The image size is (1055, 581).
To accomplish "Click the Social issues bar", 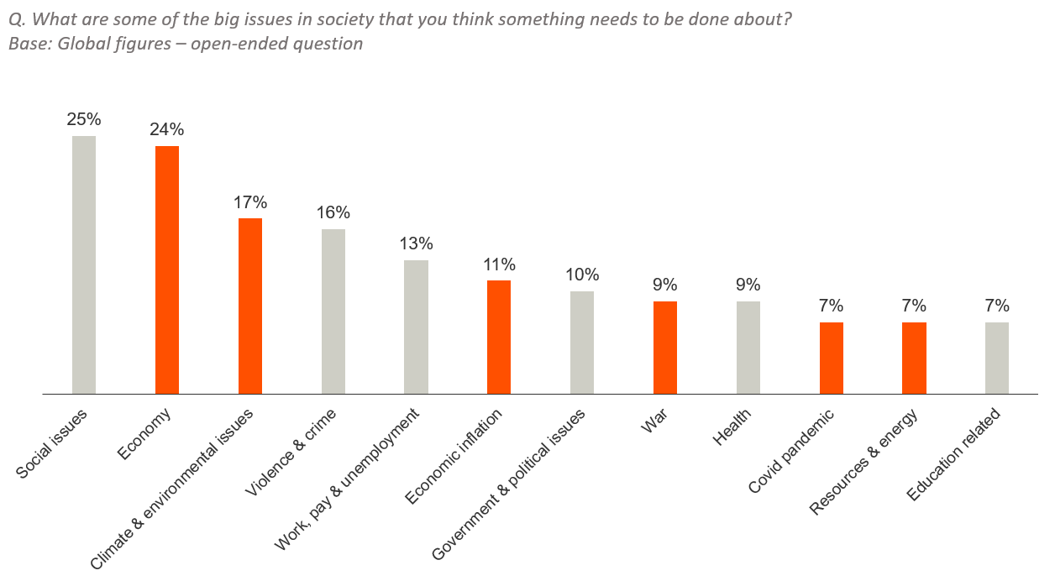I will click(x=84, y=264).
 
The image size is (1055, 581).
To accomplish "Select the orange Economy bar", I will click(x=167, y=270).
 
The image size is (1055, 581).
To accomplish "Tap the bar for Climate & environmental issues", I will click(x=250, y=306).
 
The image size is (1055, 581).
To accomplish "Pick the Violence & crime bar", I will click(x=333, y=311).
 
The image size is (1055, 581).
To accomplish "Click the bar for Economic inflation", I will click(x=499, y=337).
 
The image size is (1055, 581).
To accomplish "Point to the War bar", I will click(x=665, y=348).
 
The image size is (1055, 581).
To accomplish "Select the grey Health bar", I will click(x=748, y=348).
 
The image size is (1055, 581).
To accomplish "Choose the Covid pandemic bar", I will click(x=832, y=358).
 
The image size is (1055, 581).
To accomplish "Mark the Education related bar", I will click(x=997, y=358).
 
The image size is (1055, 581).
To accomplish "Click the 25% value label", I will click(x=84, y=119).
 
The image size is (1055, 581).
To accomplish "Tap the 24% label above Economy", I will click(x=167, y=129).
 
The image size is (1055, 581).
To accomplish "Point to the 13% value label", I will click(x=416, y=243).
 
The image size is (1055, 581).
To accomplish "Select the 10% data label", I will click(x=582, y=275).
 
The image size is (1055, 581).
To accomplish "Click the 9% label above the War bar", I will click(x=665, y=285).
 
